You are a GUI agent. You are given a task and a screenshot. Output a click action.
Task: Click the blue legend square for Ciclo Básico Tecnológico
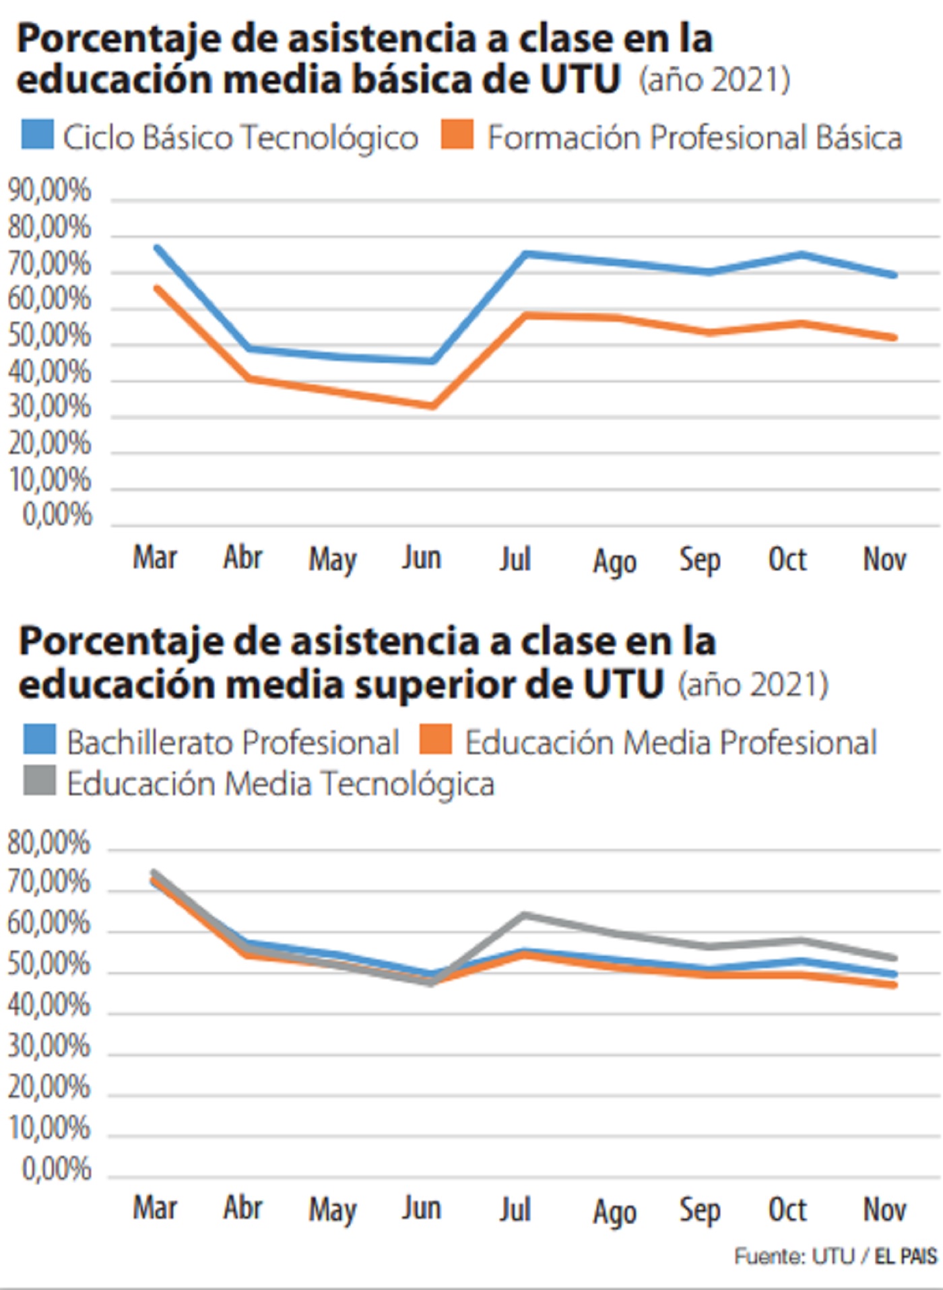(x=37, y=135)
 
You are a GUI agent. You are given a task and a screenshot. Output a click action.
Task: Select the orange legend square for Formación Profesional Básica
(x=457, y=135)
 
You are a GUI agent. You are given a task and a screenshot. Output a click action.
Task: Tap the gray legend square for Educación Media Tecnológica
(x=39, y=781)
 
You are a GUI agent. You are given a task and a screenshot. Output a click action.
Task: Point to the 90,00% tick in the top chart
(x=49, y=191)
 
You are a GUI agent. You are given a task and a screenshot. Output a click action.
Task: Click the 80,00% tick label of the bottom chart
(x=48, y=843)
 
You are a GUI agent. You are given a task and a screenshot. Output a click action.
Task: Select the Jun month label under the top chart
(x=422, y=558)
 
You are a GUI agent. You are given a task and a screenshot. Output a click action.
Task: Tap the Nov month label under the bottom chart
(x=884, y=1209)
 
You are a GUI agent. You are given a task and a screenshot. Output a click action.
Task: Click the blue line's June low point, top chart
(x=432, y=362)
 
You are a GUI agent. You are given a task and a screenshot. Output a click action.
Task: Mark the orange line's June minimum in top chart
(x=432, y=406)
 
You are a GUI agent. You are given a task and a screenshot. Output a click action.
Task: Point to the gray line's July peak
(x=525, y=914)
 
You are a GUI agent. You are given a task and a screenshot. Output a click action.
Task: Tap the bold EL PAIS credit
(x=906, y=1257)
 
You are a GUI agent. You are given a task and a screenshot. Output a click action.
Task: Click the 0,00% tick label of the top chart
(x=57, y=515)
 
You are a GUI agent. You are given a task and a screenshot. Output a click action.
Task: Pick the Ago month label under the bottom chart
(x=614, y=1212)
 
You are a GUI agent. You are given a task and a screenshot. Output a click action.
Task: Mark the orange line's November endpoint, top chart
(x=894, y=337)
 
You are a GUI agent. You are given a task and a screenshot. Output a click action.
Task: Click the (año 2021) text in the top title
(x=714, y=80)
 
